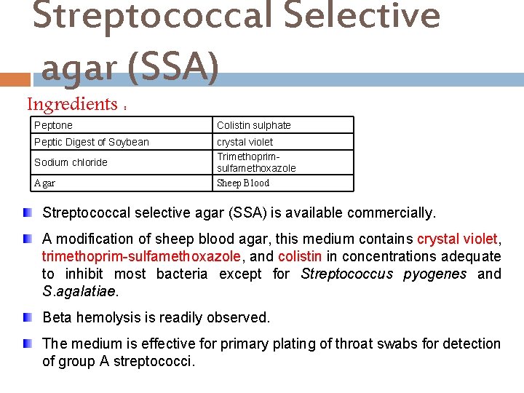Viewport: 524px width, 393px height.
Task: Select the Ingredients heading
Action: click(72, 105)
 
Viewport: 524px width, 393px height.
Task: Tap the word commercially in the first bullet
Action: click(392, 213)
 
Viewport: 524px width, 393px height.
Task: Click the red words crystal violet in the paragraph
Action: click(457, 239)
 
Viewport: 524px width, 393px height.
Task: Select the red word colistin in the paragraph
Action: click(299, 256)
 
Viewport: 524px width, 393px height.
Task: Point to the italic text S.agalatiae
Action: click(79, 291)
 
